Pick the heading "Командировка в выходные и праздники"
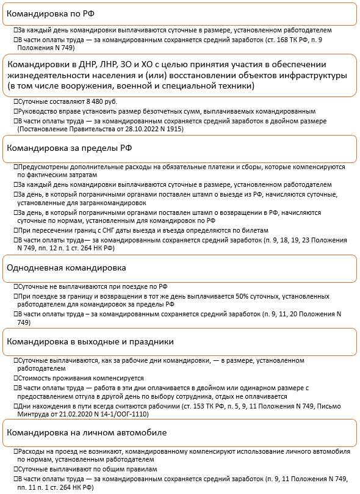pyautogui.click(x=90, y=341)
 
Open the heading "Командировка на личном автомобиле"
pyautogui.click(x=86, y=433)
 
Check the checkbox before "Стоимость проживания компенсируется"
pyautogui.click(x=16, y=378)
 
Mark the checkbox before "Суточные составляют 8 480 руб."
pyautogui.click(x=16, y=101)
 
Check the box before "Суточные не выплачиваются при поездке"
pyautogui.click(x=16, y=286)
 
